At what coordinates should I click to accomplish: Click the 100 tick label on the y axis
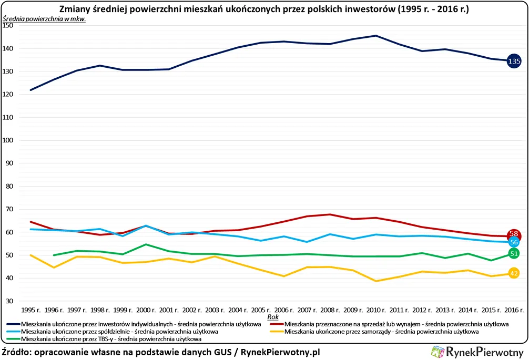tap(10, 140)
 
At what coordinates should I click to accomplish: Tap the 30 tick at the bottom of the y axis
tap(12, 301)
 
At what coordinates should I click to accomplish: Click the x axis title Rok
tap(272, 317)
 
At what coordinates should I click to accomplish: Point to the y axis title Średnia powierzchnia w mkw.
tap(44, 18)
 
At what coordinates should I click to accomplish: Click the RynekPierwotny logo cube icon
tap(437, 352)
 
